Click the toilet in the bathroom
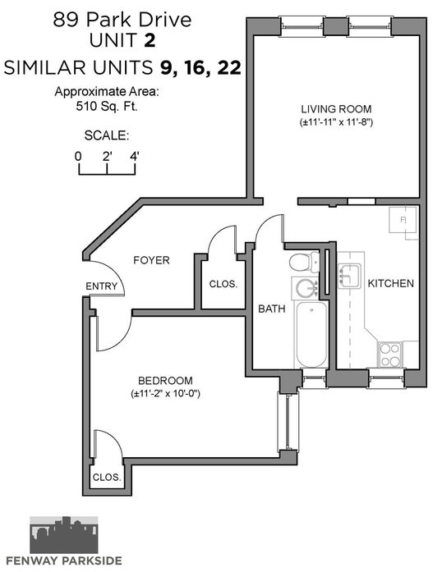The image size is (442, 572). (304, 262)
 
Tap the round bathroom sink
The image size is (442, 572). (306, 289)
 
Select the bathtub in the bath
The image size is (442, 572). (311, 334)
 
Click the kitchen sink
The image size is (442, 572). (350, 276)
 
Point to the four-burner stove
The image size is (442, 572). (389, 355)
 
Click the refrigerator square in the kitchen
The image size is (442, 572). (403, 220)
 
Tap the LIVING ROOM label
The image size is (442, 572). (336, 109)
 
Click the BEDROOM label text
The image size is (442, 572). (165, 381)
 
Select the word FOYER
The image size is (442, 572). (151, 260)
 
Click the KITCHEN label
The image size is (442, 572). (390, 283)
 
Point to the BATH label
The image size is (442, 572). (272, 309)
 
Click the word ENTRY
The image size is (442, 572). (102, 286)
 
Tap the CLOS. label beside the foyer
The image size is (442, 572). (223, 284)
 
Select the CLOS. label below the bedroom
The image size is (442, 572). (107, 477)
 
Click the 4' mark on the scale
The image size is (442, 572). (135, 157)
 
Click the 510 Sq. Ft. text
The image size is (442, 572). (107, 106)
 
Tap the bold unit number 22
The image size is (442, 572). (229, 68)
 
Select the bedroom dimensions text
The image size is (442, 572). (165, 394)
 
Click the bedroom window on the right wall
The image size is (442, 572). (288, 423)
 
